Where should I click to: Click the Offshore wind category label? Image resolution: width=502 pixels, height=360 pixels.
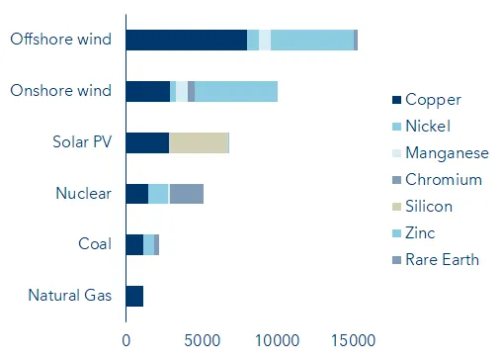pyautogui.click(x=59, y=40)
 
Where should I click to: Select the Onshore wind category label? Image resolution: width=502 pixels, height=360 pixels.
pyautogui.click(x=60, y=91)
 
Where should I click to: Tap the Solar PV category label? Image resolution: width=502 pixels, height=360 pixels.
pyautogui.click(x=82, y=142)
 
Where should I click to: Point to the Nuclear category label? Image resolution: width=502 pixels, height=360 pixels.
pyautogui.click(x=83, y=194)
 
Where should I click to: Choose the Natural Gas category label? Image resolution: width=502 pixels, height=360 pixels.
pyautogui.click(x=70, y=296)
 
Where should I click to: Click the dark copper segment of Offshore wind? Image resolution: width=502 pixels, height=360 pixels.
pyautogui.click(x=186, y=40)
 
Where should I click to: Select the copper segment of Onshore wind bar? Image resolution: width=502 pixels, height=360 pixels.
pyautogui.click(x=147, y=91)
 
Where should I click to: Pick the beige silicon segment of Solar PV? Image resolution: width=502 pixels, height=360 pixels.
pyautogui.click(x=198, y=142)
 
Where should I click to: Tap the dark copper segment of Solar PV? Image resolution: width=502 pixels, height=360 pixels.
pyautogui.click(x=147, y=142)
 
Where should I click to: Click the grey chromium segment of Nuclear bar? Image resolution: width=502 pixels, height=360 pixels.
pyautogui.click(x=186, y=194)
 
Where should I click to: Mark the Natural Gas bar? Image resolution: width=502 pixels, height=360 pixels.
pyautogui.click(x=134, y=296)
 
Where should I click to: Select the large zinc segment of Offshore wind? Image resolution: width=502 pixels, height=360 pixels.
pyautogui.click(x=311, y=40)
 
